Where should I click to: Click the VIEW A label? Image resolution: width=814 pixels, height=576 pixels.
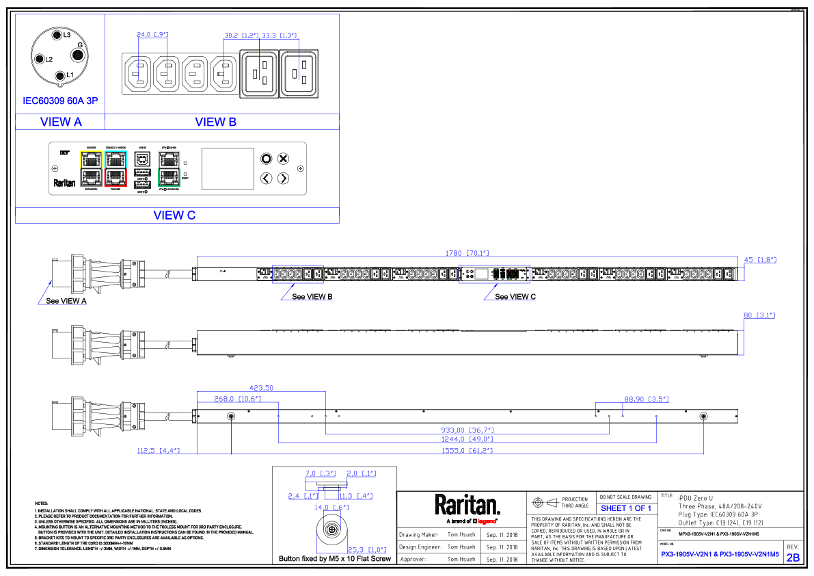coord(61,122)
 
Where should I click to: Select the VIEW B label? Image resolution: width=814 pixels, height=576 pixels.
coord(215,122)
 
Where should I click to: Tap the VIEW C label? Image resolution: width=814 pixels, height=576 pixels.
coord(174,215)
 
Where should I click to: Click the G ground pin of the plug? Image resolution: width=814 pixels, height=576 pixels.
coord(79,46)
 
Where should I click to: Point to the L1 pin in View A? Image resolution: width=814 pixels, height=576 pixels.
coord(60,75)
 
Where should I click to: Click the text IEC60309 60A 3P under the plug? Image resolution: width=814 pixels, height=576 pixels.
coord(60,101)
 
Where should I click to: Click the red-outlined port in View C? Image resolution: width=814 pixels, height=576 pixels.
coord(116,178)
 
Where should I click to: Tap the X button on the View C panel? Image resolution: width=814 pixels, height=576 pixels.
coord(283,159)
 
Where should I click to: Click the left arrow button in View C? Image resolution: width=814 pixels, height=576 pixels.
coord(267,179)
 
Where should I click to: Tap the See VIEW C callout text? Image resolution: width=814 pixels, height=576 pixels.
coord(515,297)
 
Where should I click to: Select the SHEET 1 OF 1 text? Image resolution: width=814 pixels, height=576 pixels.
coord(626,508)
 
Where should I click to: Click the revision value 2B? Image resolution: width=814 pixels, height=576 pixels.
coord(793,558)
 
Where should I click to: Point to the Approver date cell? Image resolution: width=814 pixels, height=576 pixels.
coord(502,559)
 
